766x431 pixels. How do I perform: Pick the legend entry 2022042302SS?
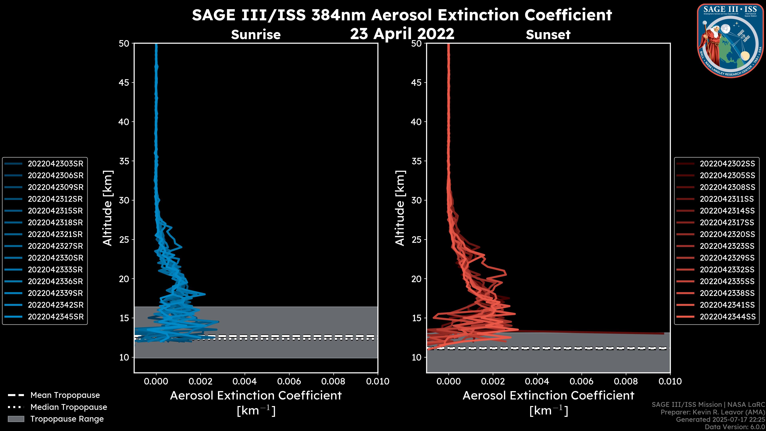coord(727,164)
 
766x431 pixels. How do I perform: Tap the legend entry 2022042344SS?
coord(727,317)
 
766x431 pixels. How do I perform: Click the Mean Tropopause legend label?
coord(65,395)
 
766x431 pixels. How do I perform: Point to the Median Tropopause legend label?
coord(69,407)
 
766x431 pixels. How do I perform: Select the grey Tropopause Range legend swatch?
coord(16,419)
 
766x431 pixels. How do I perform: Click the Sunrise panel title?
coord(256,35)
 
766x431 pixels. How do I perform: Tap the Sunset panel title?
coord(548,35)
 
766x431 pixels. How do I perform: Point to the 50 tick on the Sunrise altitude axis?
coord(124,43)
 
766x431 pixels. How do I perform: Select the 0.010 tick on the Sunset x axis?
coord(670,381)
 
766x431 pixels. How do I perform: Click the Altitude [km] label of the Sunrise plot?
coord(108,208)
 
